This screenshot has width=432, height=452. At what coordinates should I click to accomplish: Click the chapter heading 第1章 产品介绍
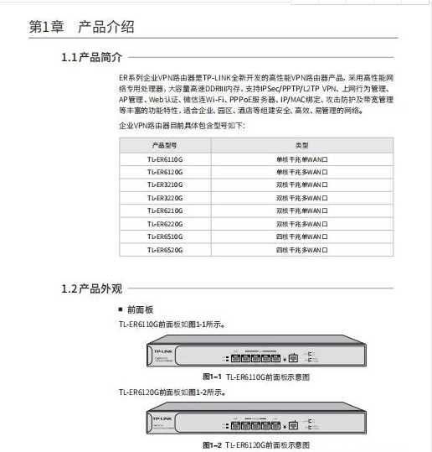click(x=81, y=28)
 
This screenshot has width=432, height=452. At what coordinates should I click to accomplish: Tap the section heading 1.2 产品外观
click(x=91, y=288)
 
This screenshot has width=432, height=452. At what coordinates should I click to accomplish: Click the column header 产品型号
click(x=164, y=146)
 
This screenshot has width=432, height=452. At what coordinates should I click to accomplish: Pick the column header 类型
click(x=301, y=146)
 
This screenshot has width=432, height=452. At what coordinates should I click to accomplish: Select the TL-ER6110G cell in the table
click(x=164, y=158)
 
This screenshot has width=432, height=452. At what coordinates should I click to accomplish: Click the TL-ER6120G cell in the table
click(x=164, y=171)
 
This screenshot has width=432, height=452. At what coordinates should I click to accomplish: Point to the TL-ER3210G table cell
click(x=164, y=184)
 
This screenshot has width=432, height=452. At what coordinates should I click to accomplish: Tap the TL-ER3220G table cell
click(x=164, y=198)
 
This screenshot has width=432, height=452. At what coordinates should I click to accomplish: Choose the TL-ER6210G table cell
click(x=164, y=210)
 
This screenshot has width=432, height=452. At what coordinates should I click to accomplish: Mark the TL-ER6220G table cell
click(x=164, y=224)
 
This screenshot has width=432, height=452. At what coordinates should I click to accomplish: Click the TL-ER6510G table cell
click(x=164, y=236)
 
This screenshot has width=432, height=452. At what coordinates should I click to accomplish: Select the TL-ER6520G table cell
click(x=164, y=250)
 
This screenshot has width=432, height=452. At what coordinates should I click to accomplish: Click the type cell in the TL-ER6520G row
click(x=301, y=250)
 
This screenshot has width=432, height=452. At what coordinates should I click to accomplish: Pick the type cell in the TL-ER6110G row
click(x=301, y=158)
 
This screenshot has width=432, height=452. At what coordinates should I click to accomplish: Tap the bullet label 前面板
click(x=139, y=310)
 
